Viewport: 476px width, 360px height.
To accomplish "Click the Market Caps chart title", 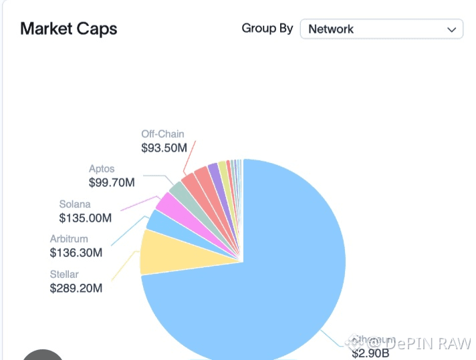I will click(69, 29).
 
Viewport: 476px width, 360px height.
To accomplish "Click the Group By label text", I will click(267, 29).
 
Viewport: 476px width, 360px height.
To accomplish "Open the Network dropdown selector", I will click(381, 29).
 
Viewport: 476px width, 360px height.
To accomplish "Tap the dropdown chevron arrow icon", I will click(451, 29).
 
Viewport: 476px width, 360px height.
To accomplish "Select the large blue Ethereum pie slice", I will click(267, 281).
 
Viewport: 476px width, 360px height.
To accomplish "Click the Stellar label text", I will click(64, 274).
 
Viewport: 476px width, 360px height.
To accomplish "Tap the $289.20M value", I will click(76, 289).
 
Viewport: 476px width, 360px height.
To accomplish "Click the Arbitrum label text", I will click(69, 238).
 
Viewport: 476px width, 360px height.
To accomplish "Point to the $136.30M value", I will click(76, 253).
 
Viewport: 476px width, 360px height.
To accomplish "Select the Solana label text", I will click(74, 204).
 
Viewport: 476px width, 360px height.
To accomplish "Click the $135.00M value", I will click(85, 218).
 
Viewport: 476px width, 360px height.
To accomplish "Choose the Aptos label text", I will click(102, 168).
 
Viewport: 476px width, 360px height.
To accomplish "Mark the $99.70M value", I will click(112, 182).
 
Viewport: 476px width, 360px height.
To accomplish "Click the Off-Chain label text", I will click(162, 134).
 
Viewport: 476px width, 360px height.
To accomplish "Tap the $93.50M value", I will click(164, 148).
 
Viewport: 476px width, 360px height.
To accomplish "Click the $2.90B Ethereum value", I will click(372, 353).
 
